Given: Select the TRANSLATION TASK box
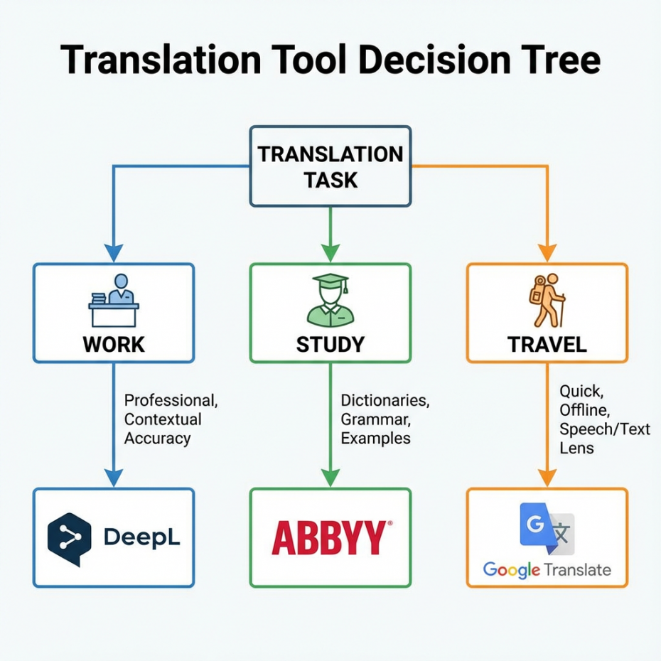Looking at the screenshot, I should tap(330, 166).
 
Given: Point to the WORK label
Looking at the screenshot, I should tap(114, 345).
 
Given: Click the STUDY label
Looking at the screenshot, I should tap(330, 345).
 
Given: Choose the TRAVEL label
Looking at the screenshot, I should tap(547, 345).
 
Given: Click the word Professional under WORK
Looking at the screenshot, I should tap(171, 401).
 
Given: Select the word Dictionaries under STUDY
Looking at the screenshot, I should tap(385, 401).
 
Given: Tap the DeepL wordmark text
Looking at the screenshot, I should tap(141, 538).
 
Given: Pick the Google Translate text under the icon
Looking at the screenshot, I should tap(547, 569).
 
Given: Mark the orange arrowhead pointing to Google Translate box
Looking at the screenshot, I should tap(547, 478).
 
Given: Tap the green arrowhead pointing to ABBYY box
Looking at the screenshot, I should tap(330, 478).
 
